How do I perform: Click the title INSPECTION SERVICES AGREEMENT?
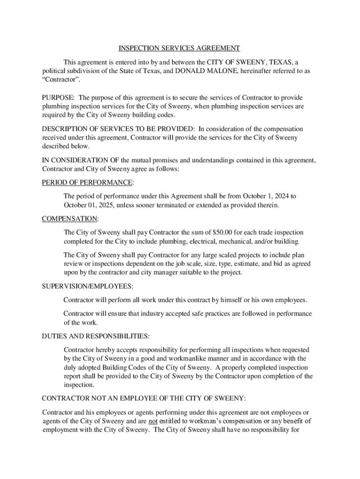point(179,48)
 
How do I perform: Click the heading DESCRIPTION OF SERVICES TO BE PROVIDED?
point(118,129)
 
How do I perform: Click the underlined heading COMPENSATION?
point(70,218)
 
